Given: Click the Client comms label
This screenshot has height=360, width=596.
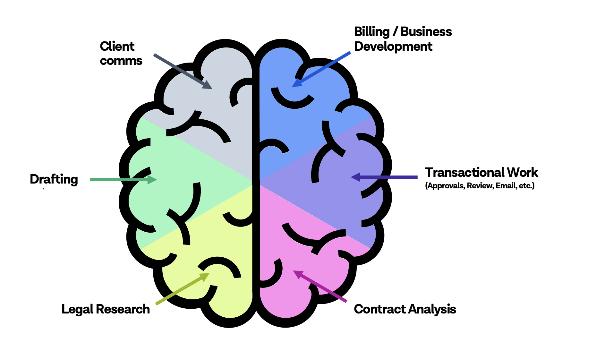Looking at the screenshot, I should [x=121, y=53].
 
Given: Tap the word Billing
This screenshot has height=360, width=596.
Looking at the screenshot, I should [x=372, y=32].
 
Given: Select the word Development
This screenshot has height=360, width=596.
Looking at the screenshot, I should [x=393, y=47].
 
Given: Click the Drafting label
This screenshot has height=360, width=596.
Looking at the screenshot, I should [x=54, y=179].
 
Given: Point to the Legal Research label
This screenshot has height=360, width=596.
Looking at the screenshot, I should [x=106, y=309].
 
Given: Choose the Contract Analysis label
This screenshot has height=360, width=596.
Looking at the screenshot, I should [x=405, y=309].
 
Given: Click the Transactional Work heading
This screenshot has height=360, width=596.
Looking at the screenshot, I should [x=481, y=173].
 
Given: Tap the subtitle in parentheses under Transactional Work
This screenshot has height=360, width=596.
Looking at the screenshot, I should [x=480, y=186].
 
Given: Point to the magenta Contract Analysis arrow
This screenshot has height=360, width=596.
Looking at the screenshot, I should [x=320, y=286].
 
